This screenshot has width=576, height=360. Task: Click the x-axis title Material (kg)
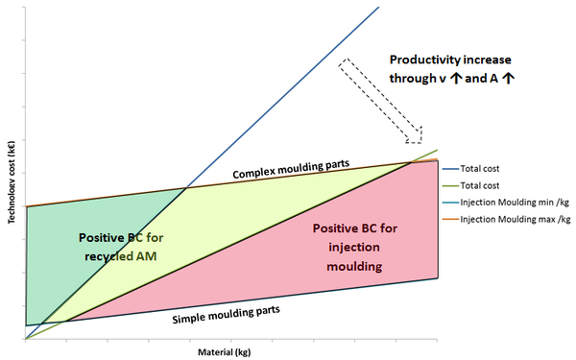pos(228,352)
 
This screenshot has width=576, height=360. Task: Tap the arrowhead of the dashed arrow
pos(414,130)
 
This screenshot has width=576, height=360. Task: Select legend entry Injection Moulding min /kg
pos(516,202)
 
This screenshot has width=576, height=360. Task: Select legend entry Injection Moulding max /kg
pos(516,219)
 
